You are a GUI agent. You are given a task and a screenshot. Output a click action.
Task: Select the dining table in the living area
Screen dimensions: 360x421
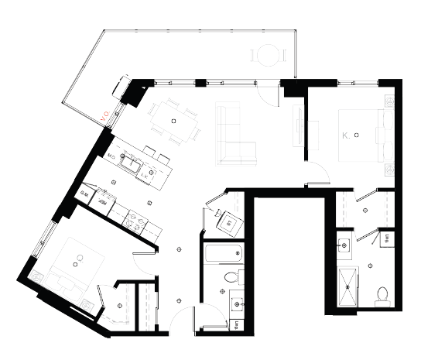click(174, 122)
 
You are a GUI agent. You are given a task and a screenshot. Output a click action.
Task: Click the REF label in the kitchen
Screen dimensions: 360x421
click(101, 198)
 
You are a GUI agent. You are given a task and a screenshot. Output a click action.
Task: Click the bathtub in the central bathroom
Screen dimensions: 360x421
click(223, 253)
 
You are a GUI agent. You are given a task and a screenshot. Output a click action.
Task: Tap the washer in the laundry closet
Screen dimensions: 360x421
click(230, 225)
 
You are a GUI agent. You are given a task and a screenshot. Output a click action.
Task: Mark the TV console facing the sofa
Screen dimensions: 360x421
click(299, 128)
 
